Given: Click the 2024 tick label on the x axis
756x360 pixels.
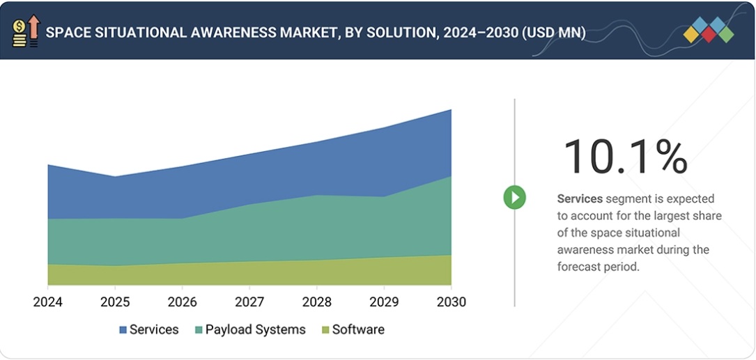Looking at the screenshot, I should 47,302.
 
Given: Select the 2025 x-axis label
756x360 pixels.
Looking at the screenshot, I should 115,302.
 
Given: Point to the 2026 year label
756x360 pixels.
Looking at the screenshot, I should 182,302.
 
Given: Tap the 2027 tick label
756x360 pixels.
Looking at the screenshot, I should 249,302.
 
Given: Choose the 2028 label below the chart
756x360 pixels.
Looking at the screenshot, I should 317,302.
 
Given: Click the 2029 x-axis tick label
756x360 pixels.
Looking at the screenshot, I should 384,302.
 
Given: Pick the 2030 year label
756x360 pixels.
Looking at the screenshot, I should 451,302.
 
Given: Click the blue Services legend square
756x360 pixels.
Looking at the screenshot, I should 123,330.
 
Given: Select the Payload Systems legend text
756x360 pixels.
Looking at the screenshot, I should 255,330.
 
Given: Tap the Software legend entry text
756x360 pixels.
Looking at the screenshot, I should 358,330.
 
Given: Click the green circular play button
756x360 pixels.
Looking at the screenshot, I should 514,198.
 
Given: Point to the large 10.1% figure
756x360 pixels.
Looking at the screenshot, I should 625,157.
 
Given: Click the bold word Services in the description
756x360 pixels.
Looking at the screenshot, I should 580,199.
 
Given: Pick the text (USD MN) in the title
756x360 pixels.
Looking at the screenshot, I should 553,33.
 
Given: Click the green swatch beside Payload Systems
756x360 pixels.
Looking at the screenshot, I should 199,330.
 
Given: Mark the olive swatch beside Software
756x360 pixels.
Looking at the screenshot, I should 325,330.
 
